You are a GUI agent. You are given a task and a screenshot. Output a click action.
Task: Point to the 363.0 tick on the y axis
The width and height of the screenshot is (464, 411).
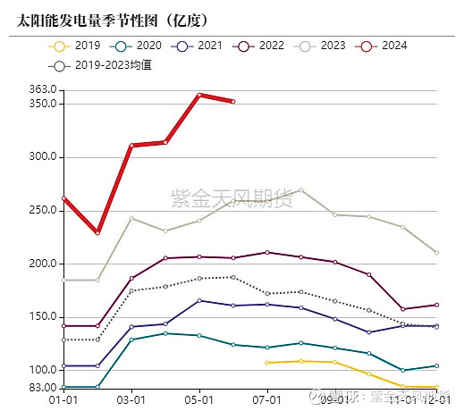(43, 89)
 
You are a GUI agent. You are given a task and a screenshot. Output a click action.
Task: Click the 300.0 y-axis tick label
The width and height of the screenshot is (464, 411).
(43, 156)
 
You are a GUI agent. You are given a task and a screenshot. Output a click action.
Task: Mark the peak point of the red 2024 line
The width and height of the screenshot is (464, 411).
(199, 95)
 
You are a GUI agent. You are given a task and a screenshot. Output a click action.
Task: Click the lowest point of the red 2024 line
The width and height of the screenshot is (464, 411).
(97, 232)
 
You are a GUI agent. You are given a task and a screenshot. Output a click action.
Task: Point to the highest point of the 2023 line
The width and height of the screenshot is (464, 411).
(301, 189)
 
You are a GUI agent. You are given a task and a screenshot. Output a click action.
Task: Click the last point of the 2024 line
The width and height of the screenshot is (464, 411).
(233, 102)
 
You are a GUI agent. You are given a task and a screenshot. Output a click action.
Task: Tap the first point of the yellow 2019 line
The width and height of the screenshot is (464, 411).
(267, 363)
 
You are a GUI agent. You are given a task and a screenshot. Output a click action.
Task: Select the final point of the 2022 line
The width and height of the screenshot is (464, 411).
(436, 305)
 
